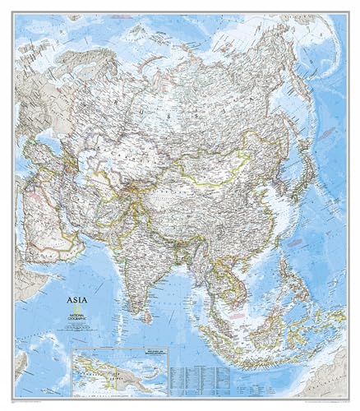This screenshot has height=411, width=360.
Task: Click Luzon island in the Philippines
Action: coord(272,253)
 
